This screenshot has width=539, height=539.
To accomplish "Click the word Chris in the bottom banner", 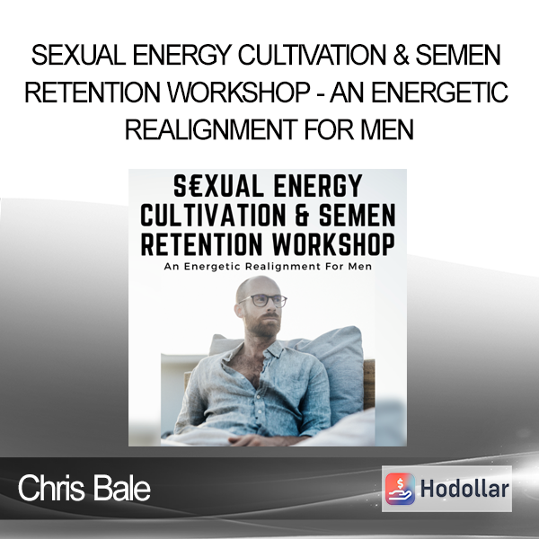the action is (x=51, y=488).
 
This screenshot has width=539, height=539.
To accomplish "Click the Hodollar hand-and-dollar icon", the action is (x=400, y=489).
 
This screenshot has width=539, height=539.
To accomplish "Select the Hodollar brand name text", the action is (x=464, y=489).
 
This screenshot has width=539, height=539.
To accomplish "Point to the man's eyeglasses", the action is (x=263, y=301).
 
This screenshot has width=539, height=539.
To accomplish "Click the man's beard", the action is (x=263, y=325).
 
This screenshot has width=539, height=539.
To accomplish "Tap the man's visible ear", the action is (x=239, y=310).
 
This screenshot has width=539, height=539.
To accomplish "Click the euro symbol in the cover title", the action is (x=195, y=186).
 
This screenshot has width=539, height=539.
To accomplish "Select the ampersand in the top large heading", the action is (x=401, y=56).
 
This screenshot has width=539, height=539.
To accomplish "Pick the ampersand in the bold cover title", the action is (x=302, y=216).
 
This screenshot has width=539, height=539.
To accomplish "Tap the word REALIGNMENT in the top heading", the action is (x=211, y=129).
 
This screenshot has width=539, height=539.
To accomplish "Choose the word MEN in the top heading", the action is (x=387, y=129).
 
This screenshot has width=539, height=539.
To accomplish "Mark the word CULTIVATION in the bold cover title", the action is (x=213, y=216).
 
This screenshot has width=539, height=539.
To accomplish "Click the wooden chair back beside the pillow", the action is (x=368, y=384).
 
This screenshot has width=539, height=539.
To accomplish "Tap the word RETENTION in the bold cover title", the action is (x=201, y=244).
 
